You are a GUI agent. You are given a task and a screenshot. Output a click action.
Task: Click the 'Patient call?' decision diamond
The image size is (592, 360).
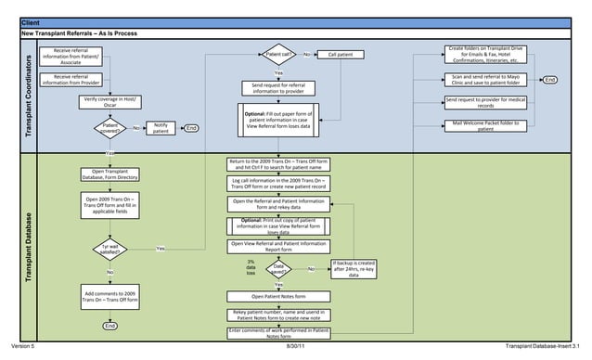278,55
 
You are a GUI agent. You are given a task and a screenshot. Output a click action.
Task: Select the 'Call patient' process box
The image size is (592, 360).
343,55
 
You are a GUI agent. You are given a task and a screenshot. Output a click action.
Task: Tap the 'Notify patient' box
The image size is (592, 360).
161,127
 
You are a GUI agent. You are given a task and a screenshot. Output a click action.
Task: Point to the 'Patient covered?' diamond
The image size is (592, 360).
110,128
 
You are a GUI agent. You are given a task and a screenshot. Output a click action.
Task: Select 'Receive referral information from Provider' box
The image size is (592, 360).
77,79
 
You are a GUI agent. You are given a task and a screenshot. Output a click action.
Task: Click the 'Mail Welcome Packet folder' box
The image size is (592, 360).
485,125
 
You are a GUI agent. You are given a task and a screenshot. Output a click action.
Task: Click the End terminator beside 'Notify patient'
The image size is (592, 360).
191,128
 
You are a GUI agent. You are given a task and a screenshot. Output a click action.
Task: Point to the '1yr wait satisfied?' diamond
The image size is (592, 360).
109,249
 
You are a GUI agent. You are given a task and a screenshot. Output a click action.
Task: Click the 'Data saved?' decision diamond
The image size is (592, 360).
278,269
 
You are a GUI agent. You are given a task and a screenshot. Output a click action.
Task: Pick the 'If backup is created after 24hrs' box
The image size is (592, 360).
354,269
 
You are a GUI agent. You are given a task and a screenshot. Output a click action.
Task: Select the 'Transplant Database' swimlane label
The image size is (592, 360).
28,243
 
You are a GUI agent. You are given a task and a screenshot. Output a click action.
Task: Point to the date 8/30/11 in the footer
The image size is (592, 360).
296,346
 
